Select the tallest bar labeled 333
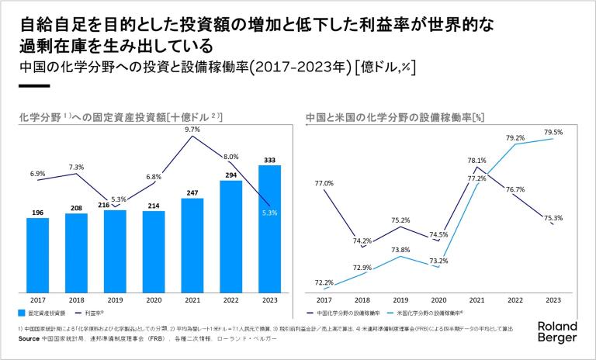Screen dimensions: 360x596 [x=269, y=230]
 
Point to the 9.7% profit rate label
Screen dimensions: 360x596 [x=192, y=130]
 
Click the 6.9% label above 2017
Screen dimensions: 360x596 [x=37, y=173]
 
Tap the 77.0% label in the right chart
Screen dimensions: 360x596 [x=324, y=183]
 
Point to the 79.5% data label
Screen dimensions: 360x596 [x=553, y=133]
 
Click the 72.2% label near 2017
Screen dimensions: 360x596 [x=324, y=282]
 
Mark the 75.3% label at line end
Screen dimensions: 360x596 [x=553, y=218]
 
